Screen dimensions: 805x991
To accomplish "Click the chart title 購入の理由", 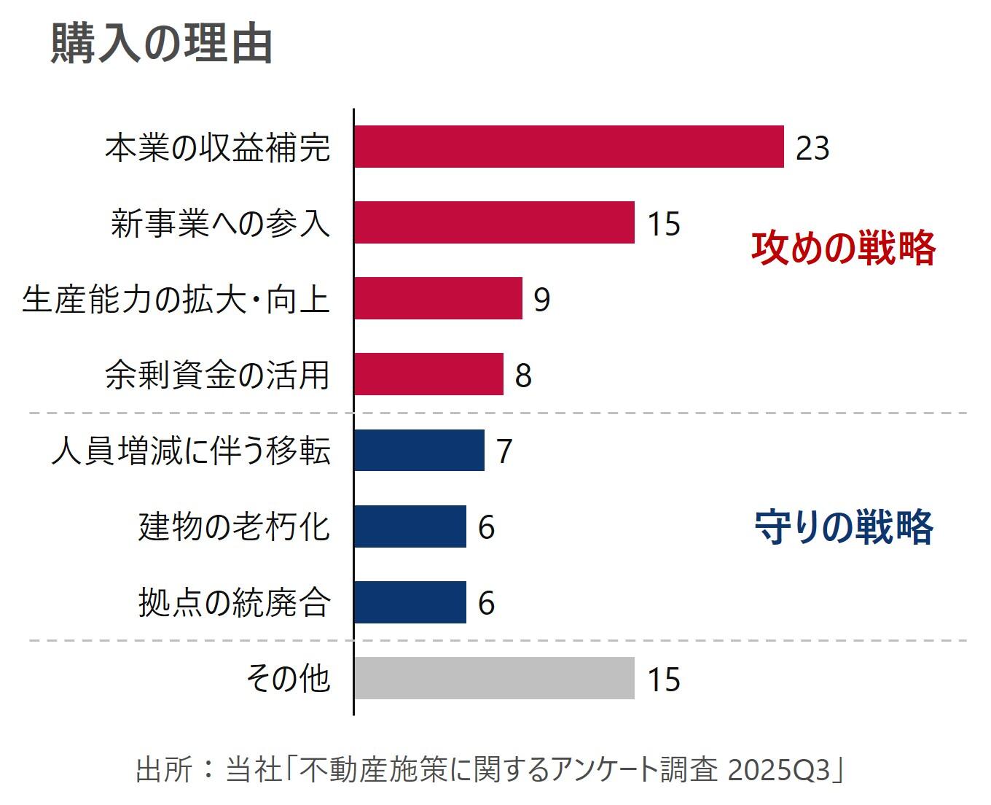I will point(162,44).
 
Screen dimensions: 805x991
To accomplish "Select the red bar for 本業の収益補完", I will point(568,147).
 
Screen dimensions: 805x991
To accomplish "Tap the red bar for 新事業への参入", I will point(494,222).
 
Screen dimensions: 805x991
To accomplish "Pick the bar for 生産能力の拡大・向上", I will point(438,298).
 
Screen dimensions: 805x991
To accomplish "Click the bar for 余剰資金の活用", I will point(428,374).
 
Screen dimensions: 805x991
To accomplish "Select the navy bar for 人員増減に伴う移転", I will point(419,450).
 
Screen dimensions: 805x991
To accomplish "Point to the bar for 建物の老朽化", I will point(410,526).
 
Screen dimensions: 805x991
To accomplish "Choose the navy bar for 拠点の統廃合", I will point(410,602).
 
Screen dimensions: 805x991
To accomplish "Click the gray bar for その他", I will point(494,678).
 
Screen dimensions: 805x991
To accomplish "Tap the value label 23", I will point(812,148).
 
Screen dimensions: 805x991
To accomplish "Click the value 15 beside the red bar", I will point(663,224).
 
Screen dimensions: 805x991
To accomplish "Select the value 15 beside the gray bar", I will point(663,680).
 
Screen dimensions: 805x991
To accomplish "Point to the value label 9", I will point(541,300).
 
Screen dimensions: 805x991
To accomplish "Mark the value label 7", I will point(504,451).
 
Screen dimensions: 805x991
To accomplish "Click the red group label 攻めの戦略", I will point(843,248).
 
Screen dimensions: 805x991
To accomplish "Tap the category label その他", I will point(289,678).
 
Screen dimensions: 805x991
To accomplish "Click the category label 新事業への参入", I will point(221,223).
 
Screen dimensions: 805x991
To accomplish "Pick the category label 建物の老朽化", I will point(235,526).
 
